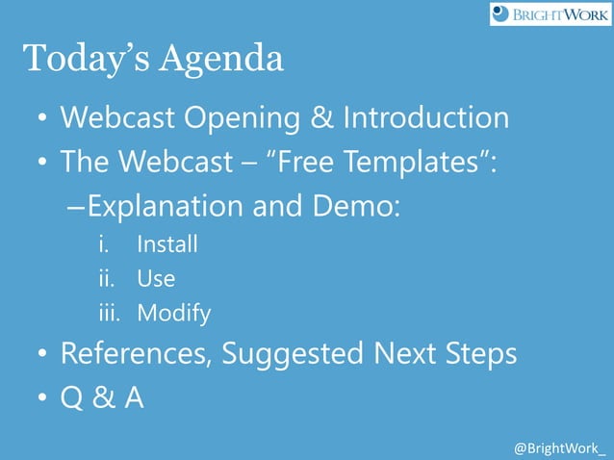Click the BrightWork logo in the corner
(550, 13)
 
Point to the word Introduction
(425, 118)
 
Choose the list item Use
(156, 279)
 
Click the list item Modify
(173, 314)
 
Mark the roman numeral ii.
(107, 279)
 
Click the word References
(136, 354)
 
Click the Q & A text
(102, 396)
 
